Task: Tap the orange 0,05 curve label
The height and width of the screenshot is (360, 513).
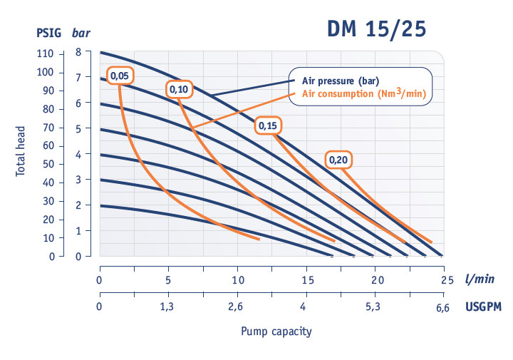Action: (x=120, y=74)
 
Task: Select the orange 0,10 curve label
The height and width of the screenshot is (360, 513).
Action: (x=178, y=89)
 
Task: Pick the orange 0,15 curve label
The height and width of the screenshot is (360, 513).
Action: (x=269, y=125)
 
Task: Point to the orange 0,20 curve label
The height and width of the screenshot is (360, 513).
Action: (x=338, y=160)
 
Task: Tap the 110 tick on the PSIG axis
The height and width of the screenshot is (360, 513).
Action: (x=44, y=53)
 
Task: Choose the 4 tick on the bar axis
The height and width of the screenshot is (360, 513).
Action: (x=79, y=154)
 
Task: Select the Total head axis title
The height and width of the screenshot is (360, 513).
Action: (x=22, y=152)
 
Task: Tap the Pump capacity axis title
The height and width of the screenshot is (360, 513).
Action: (x=276, y=331)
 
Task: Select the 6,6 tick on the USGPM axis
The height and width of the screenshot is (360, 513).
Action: (x=443, y=307)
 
